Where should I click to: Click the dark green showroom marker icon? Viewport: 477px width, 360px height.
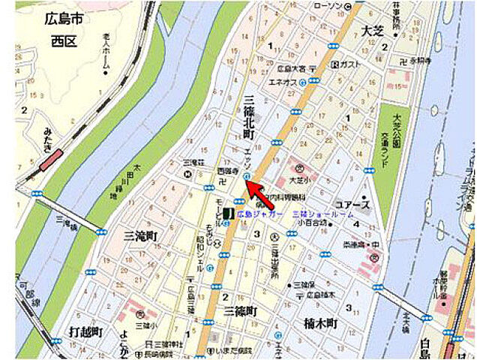226,214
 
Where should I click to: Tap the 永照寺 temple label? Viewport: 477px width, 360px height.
418,60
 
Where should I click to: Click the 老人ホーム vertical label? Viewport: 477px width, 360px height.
106,56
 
